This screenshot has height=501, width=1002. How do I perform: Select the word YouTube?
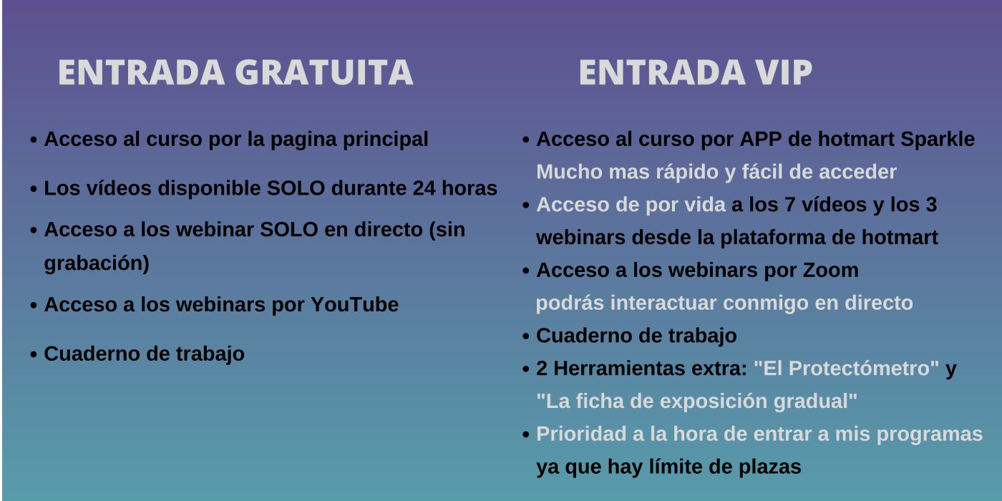pyautogui.click(x=354, y=305)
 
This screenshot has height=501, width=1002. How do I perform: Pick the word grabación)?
pyautogui.click(x=97, y=263)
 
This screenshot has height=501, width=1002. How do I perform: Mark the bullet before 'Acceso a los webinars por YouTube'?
pyautogui.click(x=34, y=306)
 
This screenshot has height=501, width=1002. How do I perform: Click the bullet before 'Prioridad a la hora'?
pyautogui.click(x=526, y=435)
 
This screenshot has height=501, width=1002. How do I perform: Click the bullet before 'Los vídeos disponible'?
pyautogui.click(x=34, y=190)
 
